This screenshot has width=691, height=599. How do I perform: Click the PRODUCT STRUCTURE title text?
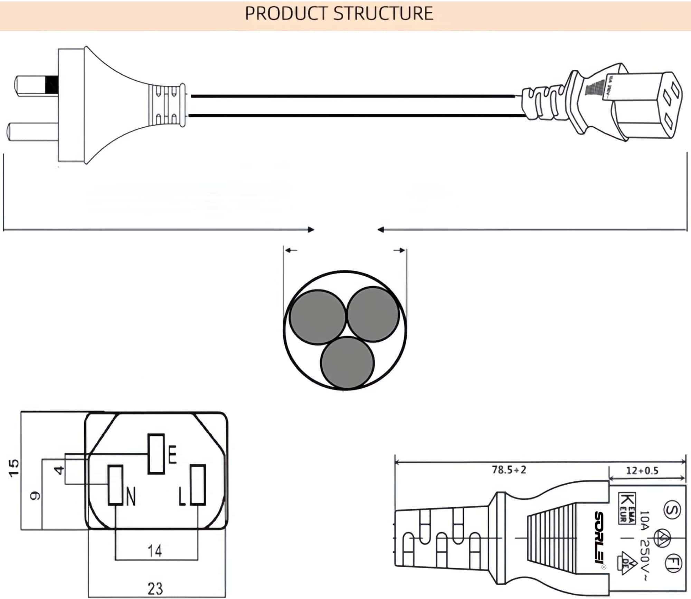pos(339,14)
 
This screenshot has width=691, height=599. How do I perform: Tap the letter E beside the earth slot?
pos(172,454)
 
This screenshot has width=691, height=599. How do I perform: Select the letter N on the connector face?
pos(131,497)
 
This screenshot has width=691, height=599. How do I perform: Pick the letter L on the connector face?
pos(182,497)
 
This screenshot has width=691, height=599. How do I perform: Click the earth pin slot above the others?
pos(156,454)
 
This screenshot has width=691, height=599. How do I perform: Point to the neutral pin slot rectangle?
pos(115,485)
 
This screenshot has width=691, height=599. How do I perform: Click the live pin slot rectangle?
pos(198,485)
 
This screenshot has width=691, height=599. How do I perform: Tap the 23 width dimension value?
pos(155,588)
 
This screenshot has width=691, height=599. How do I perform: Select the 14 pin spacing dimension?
pos(154,551)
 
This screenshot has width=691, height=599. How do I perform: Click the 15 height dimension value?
pos(14,468)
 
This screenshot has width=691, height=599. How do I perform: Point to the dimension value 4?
pos(60,470)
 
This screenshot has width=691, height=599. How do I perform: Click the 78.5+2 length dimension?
pos(509,470)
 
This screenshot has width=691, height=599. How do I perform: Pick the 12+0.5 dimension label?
pos(642,470)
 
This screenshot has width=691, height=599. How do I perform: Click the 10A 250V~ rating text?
pos(645,545)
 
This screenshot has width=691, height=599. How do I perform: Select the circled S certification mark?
pos(672,510)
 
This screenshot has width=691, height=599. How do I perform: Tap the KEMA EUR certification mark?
pos(627,508)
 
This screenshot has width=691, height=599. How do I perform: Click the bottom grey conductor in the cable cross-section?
pos(347,363)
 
